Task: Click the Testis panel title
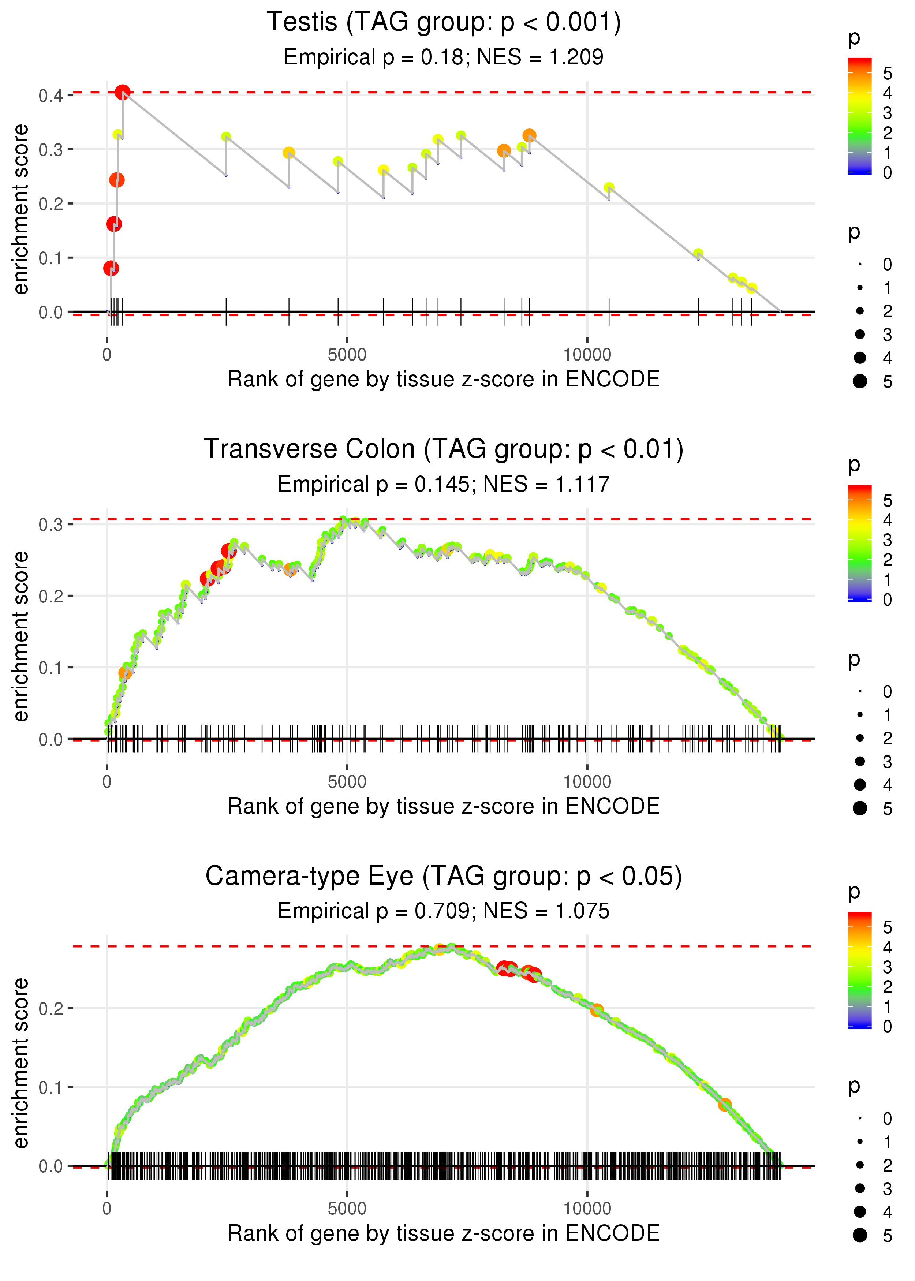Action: [x=444, y=23]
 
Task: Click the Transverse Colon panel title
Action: [x=444, y=449]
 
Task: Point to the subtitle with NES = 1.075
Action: [x=444, y=911]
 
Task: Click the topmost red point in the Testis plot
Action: [x=122, y=92]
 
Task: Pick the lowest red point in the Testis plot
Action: [x=111, y=268]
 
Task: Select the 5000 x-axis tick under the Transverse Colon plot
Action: [x=347, y=782]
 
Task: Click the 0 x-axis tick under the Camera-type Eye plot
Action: [x=107, y=1209]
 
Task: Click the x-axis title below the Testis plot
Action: [x=444, y=379]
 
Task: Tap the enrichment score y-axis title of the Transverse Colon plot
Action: [x=21, y=636]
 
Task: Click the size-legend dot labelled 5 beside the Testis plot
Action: [x=860, y=381]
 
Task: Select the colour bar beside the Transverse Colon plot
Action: [x=859, y=542]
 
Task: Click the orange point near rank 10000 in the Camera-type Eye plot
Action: [x=597, y=1011]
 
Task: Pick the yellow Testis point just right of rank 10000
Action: [x=609, y=188]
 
